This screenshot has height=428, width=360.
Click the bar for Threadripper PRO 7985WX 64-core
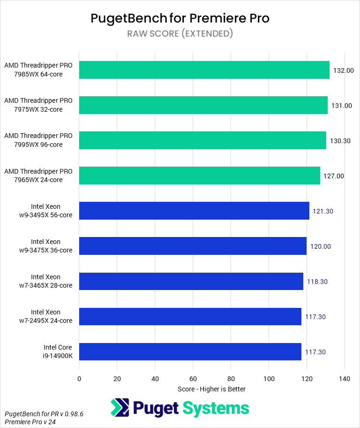[x=204, y=70]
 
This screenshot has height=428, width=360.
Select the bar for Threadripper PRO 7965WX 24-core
[x=200, y=176]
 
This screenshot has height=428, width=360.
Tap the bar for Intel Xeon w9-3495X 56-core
[x=194, y=211]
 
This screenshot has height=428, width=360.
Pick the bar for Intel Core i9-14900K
[x=190, y=352]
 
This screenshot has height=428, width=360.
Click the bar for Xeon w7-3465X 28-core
[x=191, y=281]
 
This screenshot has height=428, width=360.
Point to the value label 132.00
[x=343, y=70]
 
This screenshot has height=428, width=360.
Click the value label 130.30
[x=340, y=141]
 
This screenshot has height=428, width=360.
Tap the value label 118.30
[x=316, y=282]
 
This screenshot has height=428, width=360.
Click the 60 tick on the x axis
[x=193, y=379]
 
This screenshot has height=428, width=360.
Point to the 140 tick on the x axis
[x=345, y=379]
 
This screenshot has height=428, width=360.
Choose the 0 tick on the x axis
[x=79, y=379]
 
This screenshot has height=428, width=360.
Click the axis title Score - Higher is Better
[x=212, y=389]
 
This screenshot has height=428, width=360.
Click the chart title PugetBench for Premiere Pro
[x=180, y=19]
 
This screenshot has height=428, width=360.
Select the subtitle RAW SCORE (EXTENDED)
[x=180, y=34]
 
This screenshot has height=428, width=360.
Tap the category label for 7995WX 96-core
[x=38, y=140]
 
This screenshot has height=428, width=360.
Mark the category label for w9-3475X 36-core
[x=45, y=246]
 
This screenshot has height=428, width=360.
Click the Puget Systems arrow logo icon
[x=120, y=407]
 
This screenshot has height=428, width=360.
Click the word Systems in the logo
[x=216, y=408]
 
